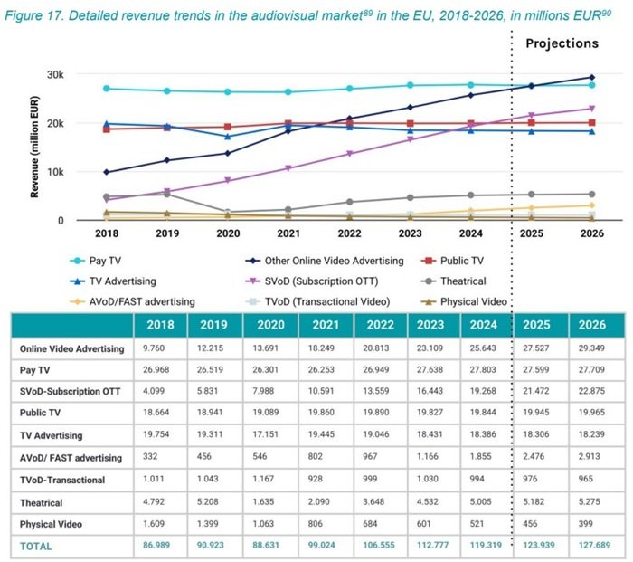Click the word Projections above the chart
(562, 43)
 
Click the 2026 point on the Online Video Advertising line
(592, 78)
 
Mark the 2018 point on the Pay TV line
(107, 89)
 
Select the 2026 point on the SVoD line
(592, 109)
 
